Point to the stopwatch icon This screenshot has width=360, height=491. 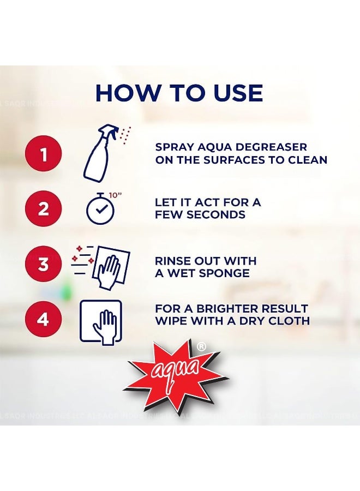click(100, 209)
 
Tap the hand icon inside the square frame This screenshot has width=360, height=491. click(101, 322)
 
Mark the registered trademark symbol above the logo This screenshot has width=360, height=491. click(201, 346)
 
